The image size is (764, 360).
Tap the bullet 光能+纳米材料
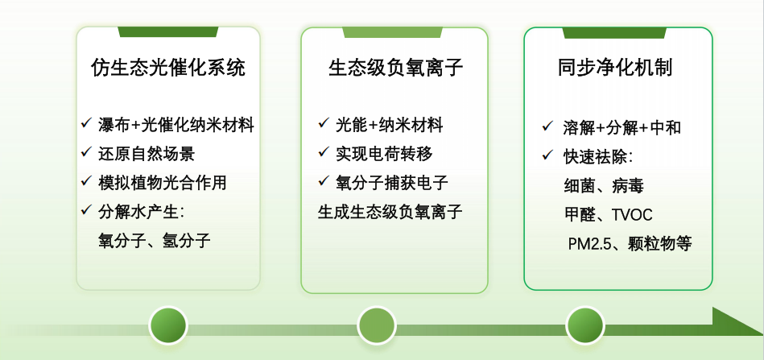tap(390, 126)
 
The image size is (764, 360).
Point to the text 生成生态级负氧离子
tap(391, 212)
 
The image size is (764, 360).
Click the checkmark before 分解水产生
tap(86, 211)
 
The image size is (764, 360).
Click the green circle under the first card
tap(168, 326)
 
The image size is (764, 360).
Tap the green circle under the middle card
tap(377, 326)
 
